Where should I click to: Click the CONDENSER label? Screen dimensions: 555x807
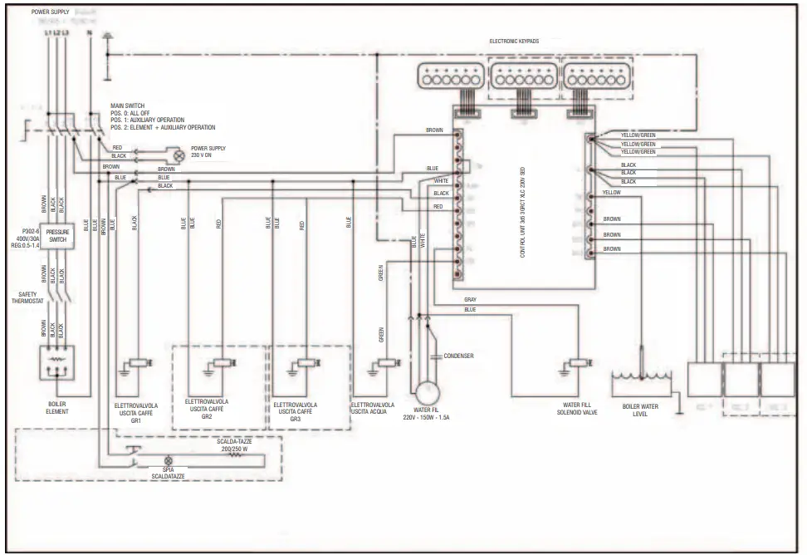[458, 356]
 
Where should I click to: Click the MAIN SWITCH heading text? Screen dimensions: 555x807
[128, 106]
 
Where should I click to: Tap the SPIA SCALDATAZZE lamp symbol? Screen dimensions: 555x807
[169, 459]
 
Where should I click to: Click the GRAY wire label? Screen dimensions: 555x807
[471, 299]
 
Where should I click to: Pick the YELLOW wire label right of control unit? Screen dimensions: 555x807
[611, 192]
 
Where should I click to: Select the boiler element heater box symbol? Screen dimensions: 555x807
[57, 363]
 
